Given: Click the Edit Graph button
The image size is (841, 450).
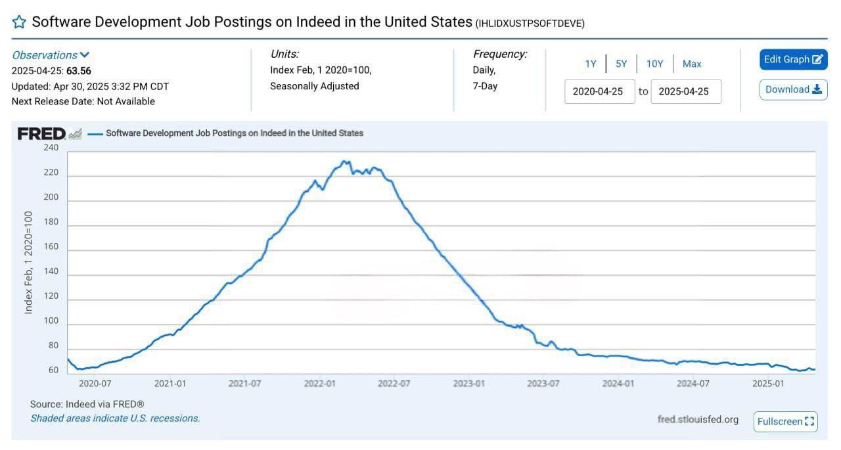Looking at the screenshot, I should coord(793,60).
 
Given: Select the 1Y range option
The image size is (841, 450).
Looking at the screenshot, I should coord(591,64).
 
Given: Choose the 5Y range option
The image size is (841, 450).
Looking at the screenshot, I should coord(621,64).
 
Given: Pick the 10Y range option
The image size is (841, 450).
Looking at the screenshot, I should coord(654,64).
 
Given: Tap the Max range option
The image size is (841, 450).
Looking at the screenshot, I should coord(692,64).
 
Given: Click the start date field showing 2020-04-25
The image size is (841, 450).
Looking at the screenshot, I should coord(599,91).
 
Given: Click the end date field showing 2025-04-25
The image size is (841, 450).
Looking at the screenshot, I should coord(685,91).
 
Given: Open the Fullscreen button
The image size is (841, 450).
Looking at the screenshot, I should coord(786,421).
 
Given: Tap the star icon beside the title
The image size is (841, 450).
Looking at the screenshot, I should coord(20,22).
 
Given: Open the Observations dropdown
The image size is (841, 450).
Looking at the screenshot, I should coord(51,55).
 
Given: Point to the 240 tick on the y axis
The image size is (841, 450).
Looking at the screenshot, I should coord(51,148).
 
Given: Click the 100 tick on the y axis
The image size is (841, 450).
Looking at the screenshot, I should coord(51,321).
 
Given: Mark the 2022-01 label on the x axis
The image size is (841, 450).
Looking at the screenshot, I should coord(319,383).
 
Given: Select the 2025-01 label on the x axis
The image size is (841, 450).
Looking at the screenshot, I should coord(767,383).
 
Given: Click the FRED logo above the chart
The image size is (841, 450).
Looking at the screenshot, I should coord(42,133).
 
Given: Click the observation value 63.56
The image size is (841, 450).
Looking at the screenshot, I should coord(79,71).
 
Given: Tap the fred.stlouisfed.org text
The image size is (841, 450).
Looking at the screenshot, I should coord(698,419).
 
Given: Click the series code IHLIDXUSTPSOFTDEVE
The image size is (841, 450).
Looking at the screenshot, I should coord(530,23).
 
